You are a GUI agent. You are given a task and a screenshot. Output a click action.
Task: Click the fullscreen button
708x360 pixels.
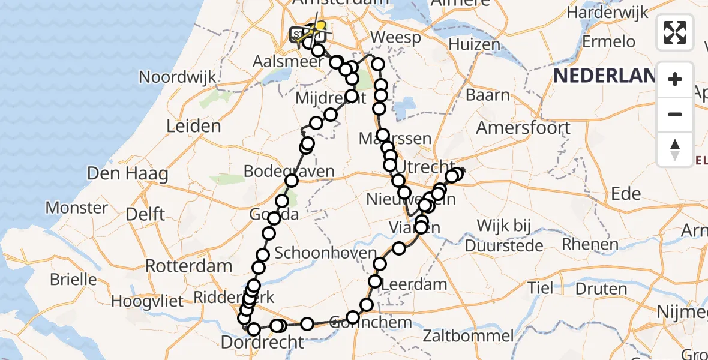[675, 32]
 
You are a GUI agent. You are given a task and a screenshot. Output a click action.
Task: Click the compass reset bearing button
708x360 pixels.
[675, 149]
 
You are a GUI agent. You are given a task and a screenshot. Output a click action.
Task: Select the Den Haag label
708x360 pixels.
[127, 174]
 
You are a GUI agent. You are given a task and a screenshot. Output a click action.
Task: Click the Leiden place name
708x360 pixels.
[194, 127]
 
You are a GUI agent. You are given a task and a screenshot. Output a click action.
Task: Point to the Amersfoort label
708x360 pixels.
[523, 128]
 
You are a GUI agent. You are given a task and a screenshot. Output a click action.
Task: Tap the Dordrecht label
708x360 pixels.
[263, 343]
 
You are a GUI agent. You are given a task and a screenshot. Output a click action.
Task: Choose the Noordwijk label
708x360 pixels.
[178, 77]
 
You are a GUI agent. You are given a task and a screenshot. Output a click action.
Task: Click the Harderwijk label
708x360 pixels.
[608, 12]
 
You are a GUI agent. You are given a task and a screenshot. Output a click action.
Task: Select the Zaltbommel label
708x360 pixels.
[469, 336]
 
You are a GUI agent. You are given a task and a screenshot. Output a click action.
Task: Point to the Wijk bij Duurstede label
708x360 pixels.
[504, 235]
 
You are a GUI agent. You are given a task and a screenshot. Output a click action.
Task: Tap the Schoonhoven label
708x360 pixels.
[325, 253]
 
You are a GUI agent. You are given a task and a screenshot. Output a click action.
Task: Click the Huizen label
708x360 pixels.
[474, 44]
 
